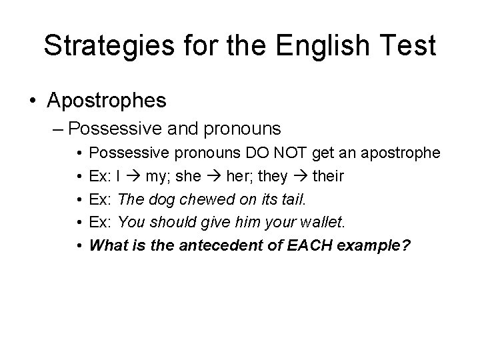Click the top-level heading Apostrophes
[107, 101]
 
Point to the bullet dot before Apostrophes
[33, 101]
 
